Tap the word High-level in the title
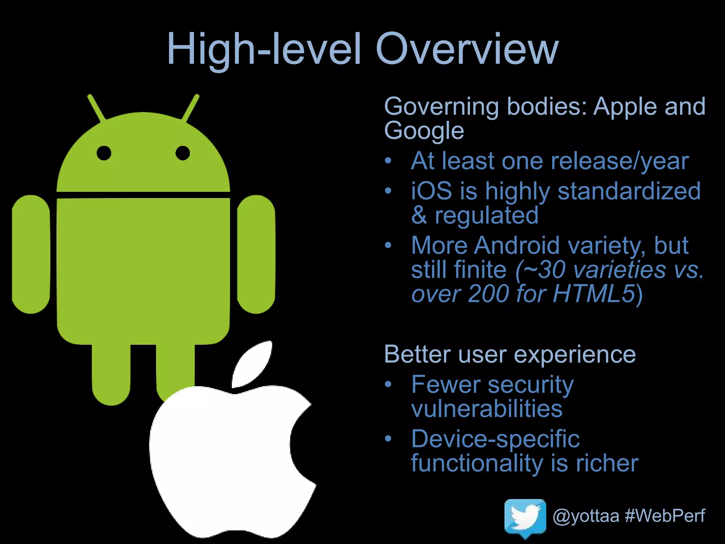coord(264,50)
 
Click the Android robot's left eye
coord(104,153)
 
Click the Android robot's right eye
coord(183,153)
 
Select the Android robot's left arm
coord(31,254)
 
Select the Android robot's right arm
coord(256,254)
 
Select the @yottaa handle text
coord(586,516)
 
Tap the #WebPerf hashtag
coord(665,516)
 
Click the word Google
coord(424,131)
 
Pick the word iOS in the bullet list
coord(432,191)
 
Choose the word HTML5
coord(594,294)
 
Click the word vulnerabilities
coord(487,409)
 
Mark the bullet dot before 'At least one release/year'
coord(388,161)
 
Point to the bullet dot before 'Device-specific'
coord(388,439)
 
